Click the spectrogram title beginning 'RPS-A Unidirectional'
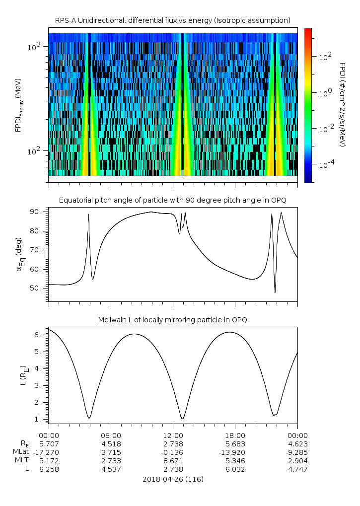coord(172,20)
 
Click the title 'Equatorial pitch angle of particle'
coord(172,200)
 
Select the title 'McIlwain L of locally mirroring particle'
coord(172,320)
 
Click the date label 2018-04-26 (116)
coord(172,479)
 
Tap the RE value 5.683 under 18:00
coord(235,443)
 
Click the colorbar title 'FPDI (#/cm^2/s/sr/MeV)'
coord(343,104)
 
